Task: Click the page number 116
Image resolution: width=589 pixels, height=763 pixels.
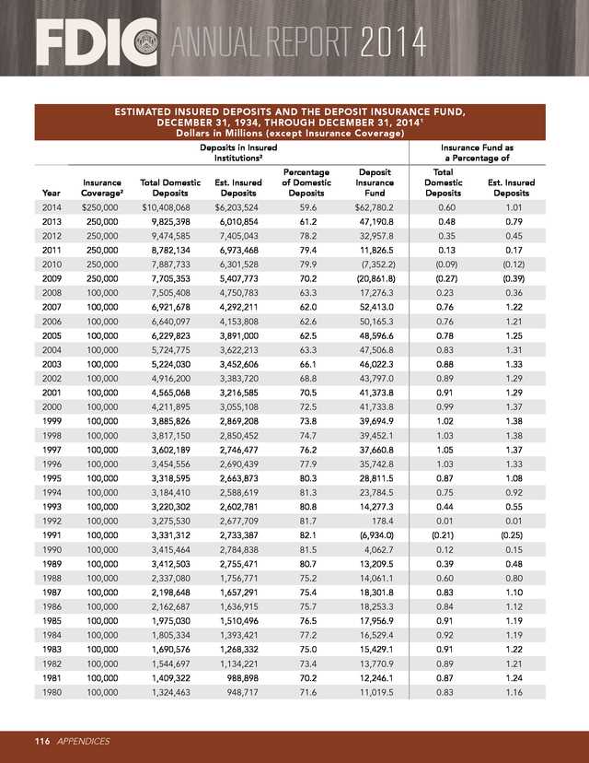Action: tap(42, 740)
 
